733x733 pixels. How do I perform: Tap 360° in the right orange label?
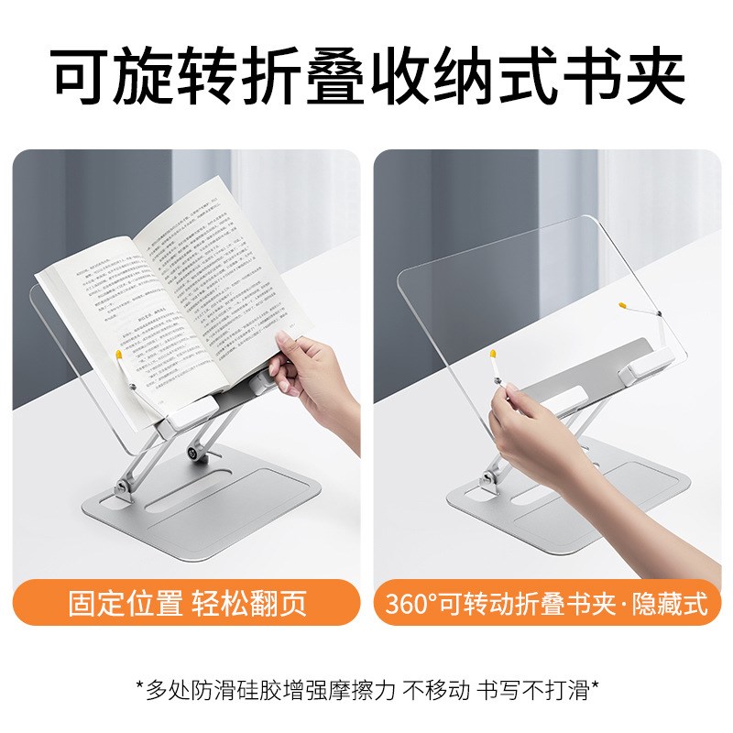(414, 605)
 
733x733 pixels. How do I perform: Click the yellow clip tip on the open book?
(118, 352)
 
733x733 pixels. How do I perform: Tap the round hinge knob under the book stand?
(195, 453)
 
